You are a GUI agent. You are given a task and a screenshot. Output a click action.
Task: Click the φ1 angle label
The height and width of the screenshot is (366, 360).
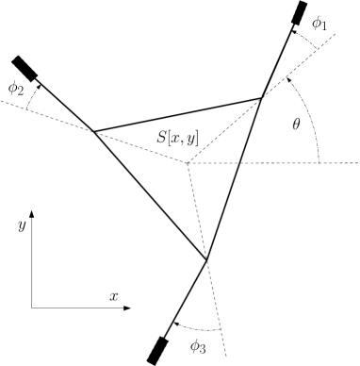[x=321, y=24]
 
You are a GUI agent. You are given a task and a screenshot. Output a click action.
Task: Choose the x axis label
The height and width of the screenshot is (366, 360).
[x=113, y=295]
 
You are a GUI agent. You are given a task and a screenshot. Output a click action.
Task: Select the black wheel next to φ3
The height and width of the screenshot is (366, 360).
[x=157, y=348]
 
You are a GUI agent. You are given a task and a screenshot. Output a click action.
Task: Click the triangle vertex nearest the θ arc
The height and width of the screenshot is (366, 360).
[x=262, y=97]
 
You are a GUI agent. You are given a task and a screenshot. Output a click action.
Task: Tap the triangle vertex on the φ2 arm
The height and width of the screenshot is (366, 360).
[x=92, y=131]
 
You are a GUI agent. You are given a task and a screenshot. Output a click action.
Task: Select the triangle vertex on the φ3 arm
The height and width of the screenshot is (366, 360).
[x=206, y=258]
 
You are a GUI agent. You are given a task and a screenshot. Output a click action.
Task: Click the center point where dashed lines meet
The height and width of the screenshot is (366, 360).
[x=188, y=163]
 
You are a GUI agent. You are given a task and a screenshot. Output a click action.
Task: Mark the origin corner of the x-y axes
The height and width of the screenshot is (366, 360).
[x=32, y=307]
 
